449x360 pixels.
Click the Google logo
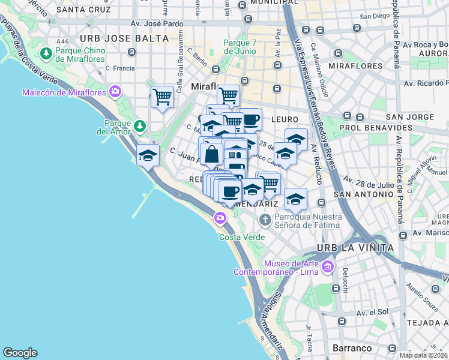point(20,353)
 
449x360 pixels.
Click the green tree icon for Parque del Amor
point(139,125)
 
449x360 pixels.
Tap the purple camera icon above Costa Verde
point(220,218)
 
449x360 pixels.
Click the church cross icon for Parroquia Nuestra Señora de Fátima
point(265,221)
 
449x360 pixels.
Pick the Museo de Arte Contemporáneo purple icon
point(328,266)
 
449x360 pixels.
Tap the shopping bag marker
point(211,154)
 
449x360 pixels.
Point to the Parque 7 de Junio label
point(244,47)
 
